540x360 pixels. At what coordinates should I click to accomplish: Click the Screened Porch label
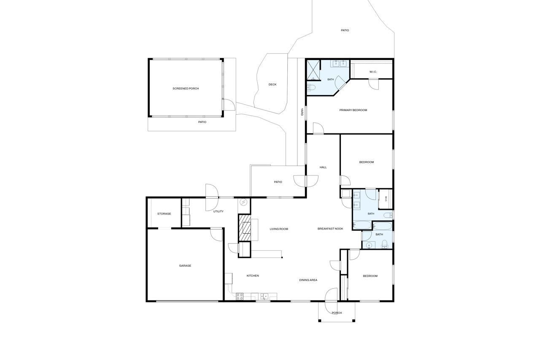click(x=186, y=89)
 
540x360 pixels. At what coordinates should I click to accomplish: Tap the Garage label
click(x=185, y=266)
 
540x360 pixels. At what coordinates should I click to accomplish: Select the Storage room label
click(x=164, y=214)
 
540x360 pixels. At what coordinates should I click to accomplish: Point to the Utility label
click(x=218, y=211)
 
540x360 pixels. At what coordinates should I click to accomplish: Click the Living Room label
click(x=279, y=229)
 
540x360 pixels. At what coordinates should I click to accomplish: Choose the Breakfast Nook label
click(x=330, y=229)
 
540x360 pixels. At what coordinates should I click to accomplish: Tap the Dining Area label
click(x=308, y=280)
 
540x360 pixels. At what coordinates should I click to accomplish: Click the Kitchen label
click(x=253, y=276)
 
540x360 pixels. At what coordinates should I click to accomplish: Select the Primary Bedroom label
click(x=353, y=110)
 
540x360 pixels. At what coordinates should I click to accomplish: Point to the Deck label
click(x=273, y=84)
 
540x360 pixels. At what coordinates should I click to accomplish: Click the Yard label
click(x=302, y=112)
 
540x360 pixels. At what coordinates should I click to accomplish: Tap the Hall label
click(x=323, y=168)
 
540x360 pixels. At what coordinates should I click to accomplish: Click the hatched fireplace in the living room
click(x=244, y=227)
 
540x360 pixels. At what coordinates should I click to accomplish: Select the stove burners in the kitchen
click(x=239, y=296)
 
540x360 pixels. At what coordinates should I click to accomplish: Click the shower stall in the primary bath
click(x=313, y=70)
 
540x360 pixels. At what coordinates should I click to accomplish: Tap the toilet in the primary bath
click(x=311, y=87)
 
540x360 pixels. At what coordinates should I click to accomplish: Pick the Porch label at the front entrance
click(x=337, y=313)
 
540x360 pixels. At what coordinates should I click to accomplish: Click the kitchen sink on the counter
click(x=265, y=296)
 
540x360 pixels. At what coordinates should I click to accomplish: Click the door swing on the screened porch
click(x=229, y=105)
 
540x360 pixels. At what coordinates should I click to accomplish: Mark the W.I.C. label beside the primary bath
click(x=373, y=72)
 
